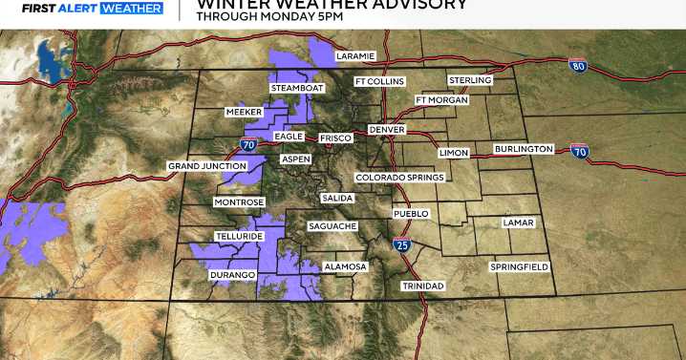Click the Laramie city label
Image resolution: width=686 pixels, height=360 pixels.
356,56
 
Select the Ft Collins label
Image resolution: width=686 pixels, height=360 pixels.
379,81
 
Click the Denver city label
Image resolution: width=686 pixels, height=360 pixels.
387,129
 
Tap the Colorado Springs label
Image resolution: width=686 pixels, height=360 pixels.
399,178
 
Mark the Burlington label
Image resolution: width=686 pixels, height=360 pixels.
524,149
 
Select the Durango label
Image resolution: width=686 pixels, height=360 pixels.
232,275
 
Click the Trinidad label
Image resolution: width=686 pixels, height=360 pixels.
424,286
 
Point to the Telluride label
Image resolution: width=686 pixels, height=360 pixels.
238,235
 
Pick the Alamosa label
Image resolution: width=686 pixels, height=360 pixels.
345,266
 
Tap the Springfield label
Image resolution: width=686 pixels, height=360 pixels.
520,266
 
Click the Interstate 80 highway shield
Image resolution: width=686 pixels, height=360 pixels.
577,66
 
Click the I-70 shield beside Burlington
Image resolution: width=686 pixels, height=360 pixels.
579,151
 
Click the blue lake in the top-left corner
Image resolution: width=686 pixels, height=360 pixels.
52,60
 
